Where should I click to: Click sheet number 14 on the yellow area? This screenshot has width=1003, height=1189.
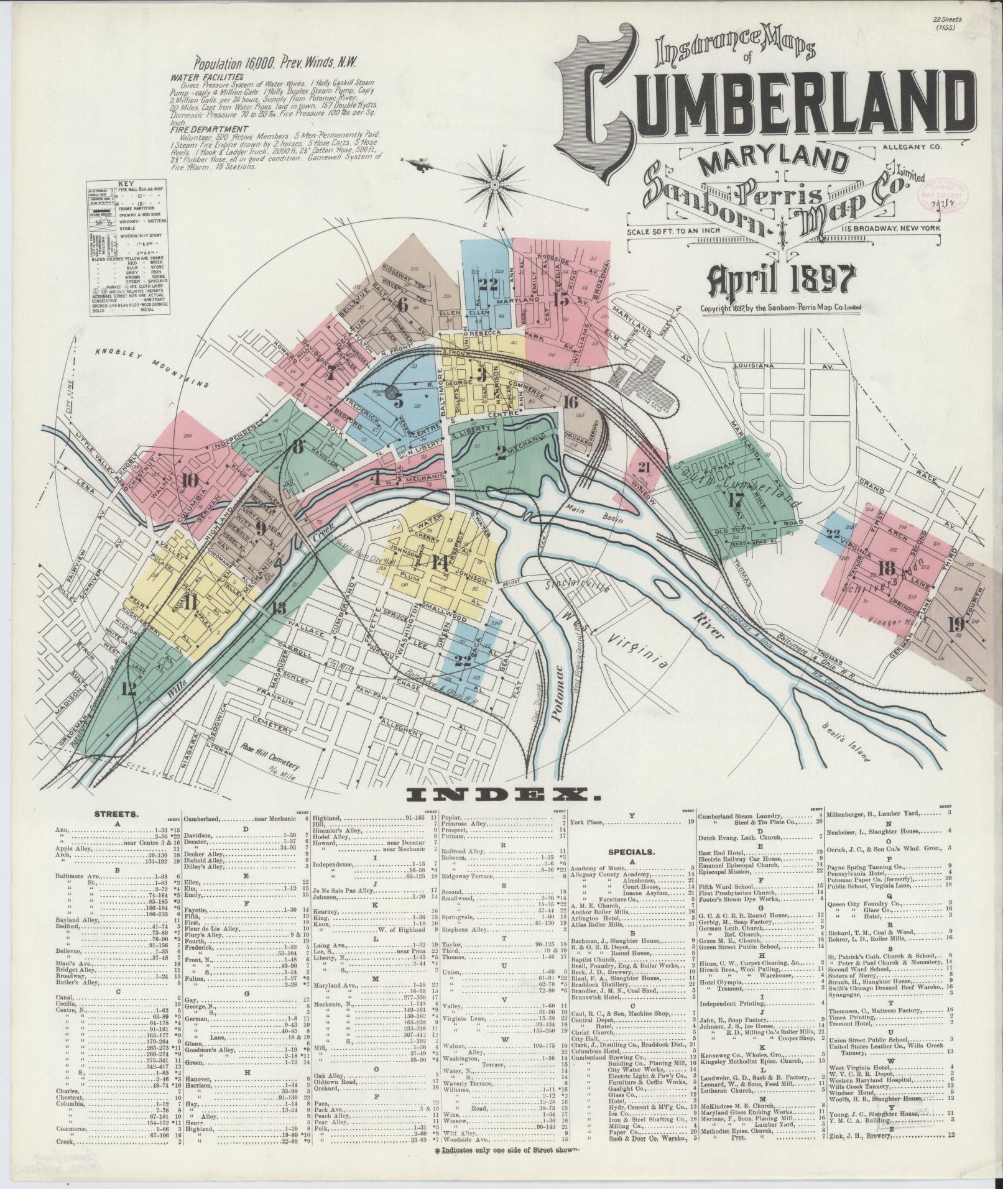coord(440,563)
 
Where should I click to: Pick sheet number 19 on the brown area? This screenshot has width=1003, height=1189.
coord(955,624)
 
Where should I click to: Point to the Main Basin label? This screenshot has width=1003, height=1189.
coord(603,513)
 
